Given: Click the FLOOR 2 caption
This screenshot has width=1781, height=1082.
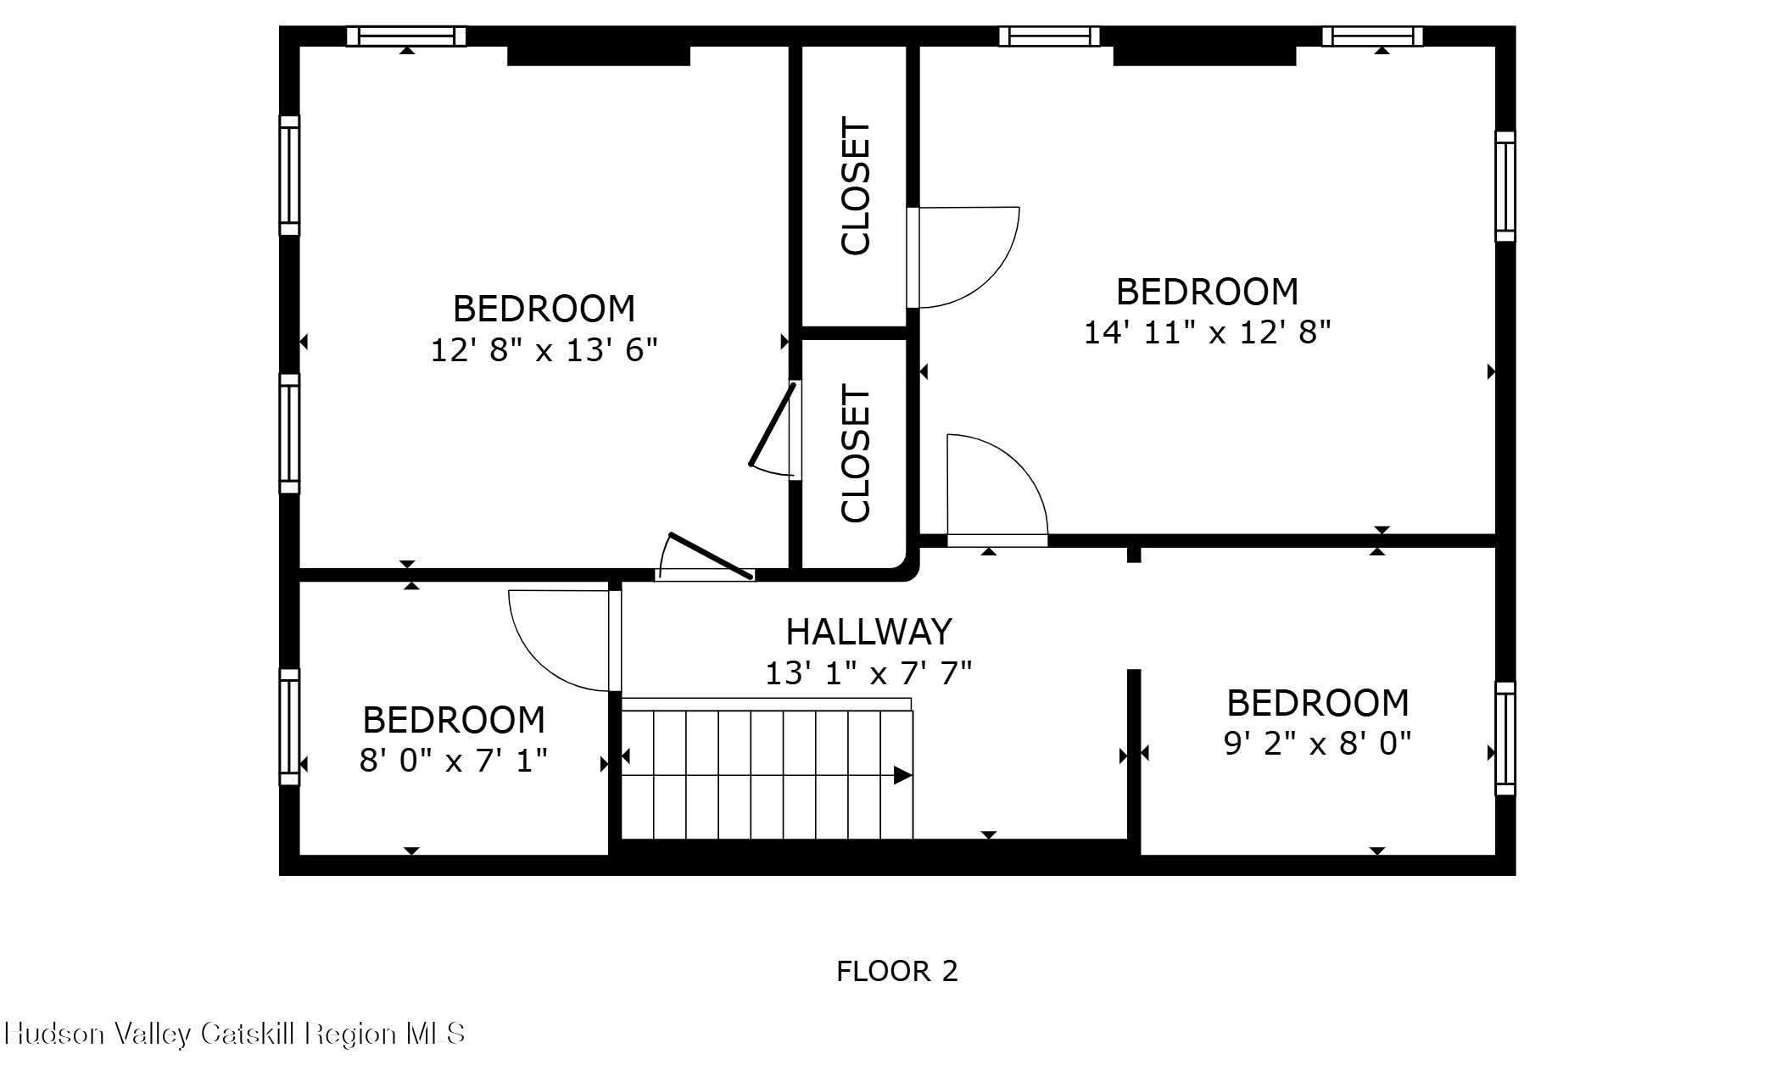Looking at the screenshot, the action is point(897,971).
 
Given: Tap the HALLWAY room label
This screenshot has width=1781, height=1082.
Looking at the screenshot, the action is point(869,632).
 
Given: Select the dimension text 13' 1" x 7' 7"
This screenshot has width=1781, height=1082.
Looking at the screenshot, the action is point(868,673).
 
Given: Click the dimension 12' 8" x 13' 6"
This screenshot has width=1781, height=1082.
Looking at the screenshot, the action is point(544,349).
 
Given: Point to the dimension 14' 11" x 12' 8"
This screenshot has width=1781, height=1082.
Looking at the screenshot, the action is point(1208,332).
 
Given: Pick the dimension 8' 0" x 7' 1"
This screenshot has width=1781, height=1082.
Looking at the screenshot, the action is point(454,761).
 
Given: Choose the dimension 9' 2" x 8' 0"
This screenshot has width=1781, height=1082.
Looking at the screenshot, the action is point(1318,744).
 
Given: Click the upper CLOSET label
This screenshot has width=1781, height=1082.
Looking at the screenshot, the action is point(856,187).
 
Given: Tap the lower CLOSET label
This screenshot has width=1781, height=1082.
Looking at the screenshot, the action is point(856,454).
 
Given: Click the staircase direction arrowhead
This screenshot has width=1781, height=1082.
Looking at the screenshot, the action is point(902,775).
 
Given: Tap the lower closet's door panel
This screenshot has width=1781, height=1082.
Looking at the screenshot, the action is point(773,424).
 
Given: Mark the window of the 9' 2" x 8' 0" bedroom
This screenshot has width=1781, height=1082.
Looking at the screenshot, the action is point(1505,739).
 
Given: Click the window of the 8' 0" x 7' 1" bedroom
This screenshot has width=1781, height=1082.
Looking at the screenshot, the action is point(289,727).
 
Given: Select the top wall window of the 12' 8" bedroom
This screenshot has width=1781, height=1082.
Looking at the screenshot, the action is point(406,36).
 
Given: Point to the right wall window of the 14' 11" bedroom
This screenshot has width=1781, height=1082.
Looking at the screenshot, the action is point(1505,187).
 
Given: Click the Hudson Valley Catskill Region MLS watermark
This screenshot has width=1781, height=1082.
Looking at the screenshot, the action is point(235,1034).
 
